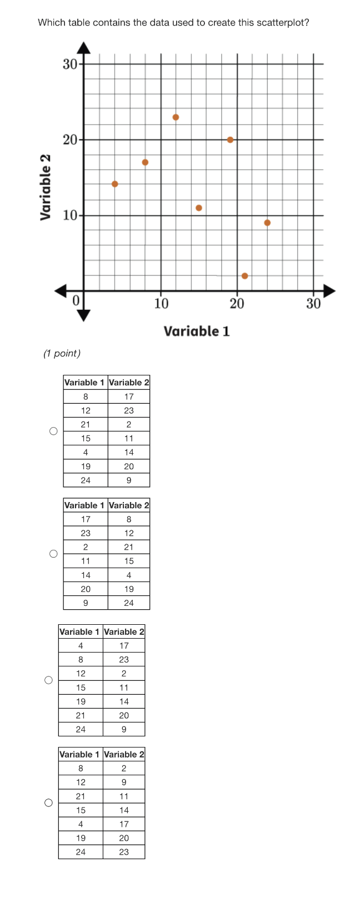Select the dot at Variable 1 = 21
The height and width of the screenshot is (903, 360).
tap(244, 276)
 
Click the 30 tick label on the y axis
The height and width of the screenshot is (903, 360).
tap(69, 64)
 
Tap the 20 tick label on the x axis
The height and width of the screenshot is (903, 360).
tap(237, 304)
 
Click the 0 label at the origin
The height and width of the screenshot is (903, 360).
tap(77, 300)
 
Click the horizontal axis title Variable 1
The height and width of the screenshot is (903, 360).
tap(197, 332)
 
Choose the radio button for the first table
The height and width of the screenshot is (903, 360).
tap(53, 431)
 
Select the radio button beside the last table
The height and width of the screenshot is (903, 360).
tap(49, 802)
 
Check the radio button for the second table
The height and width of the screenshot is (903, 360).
tap(53, 554)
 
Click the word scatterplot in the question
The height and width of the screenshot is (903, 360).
tap(281, 23)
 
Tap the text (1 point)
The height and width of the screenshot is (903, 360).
tap(62, 354)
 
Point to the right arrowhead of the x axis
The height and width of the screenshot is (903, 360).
tap(329, 290)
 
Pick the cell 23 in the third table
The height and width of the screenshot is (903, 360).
tap(124, 660)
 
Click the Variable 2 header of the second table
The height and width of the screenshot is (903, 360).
tap(129, 505)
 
